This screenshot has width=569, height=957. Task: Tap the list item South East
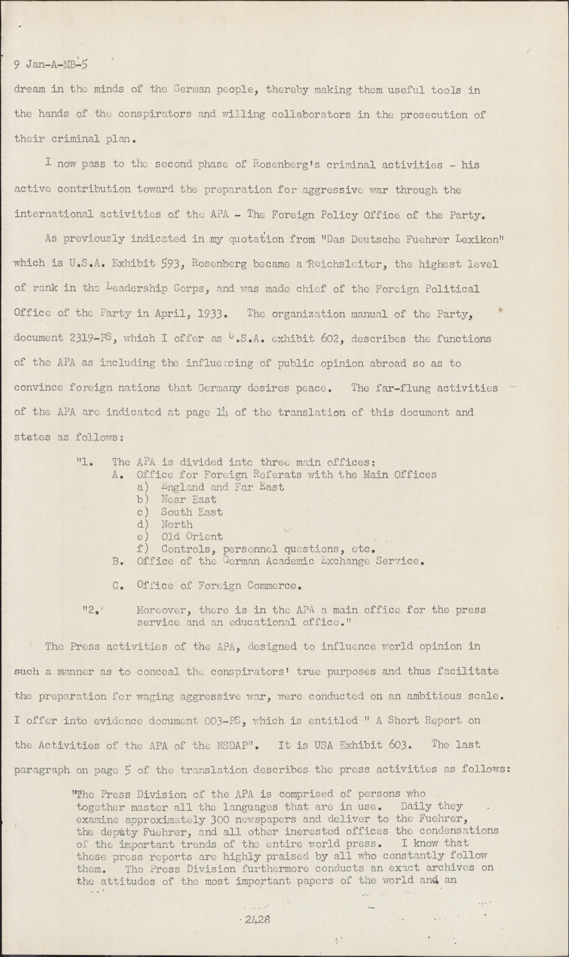pyautogui.click(x=192, y=512)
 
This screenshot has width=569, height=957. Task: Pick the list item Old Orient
pyautogui.click(x=192, y=537)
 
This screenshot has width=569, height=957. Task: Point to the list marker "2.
pyautogui.click(x=91, y=610)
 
